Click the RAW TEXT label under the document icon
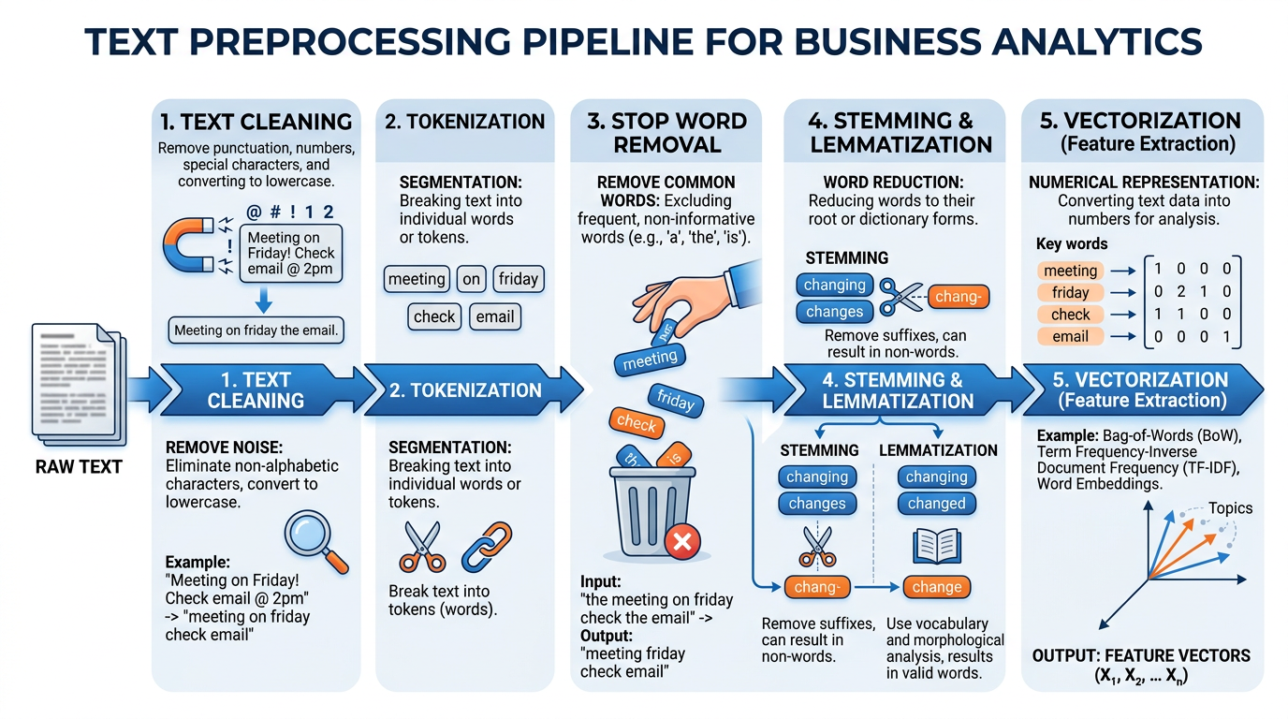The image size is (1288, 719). click(x=80, y=466)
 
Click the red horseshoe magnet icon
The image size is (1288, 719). click(x=192, y=246)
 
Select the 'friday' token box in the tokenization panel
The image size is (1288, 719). click(x=518, y=278)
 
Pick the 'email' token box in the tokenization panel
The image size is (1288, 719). click(x=494, y=316)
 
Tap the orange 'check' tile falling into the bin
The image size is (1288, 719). click(x=637, y=423)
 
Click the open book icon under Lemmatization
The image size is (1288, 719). click(x=936, y=546)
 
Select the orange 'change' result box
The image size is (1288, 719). click(x=936, y=587)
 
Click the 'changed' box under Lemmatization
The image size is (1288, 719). click(x=936, y=504)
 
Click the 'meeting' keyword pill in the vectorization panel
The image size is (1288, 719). click(x=1070, y=271)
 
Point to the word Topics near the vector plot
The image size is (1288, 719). click(x=1230, y=508)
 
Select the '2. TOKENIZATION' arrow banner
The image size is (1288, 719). click(x=465, y=390)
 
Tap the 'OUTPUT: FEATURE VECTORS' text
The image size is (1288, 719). click(x=1141, y=655)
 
